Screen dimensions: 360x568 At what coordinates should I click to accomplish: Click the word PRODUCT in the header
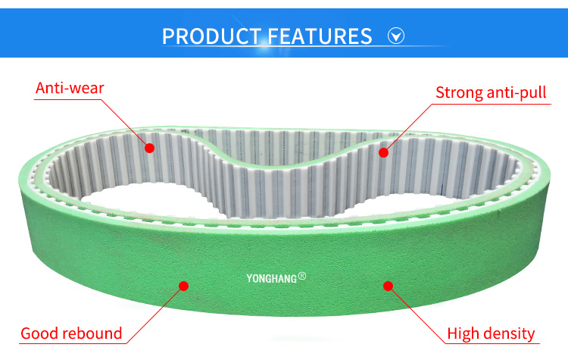tap(209, 36)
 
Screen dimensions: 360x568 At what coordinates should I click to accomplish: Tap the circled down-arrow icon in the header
tap(396, 36)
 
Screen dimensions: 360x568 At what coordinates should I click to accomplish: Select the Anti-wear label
tap(70, 88)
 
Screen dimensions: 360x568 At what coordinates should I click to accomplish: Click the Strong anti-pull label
tap(492, 93)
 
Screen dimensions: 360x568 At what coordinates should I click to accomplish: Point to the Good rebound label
tap(71, 333)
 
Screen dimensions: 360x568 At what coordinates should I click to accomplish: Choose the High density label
tap(491, 333)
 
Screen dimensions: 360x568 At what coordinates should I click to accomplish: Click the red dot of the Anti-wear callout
tap(149, 148)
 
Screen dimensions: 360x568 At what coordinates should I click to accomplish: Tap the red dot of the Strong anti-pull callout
tap(383, 152)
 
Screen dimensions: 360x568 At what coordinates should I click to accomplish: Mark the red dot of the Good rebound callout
tap(183, 286)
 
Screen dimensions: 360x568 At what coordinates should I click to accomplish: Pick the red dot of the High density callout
tap(388, 286)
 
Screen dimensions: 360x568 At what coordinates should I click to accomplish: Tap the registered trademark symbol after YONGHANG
tap(302, 277)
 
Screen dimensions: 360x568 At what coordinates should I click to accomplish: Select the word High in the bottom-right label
tap(463, 333)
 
